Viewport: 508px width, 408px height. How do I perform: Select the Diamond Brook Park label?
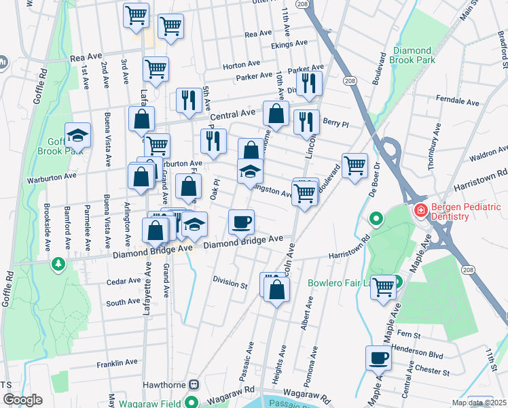[412, 56]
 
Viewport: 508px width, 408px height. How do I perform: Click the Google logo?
[22, 400]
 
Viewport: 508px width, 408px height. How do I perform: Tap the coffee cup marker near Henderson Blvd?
[378, 356]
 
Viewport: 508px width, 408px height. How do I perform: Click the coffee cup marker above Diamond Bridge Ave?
[240, 220]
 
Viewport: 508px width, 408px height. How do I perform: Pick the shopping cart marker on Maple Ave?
[384, 286]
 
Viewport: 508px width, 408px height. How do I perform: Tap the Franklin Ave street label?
[117, 362]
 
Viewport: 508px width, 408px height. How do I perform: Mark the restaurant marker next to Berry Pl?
[306, 122]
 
